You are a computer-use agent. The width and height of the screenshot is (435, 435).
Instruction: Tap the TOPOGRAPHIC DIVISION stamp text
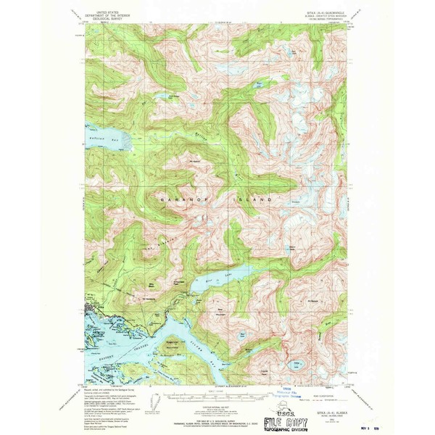[x=281, y=428]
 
